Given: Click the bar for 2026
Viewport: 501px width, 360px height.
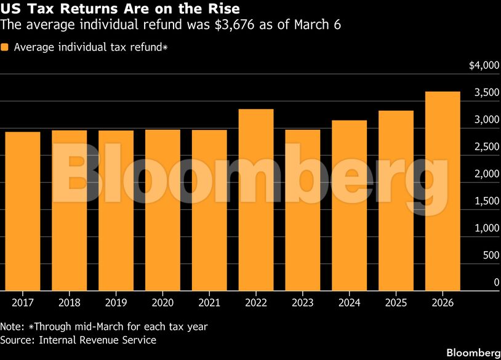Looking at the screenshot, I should point(443,191).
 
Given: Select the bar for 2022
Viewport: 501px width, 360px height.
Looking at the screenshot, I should point(256,199).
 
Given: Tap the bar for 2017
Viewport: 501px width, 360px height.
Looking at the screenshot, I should point(22,211).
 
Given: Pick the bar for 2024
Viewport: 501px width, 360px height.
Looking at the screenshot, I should point(349,205).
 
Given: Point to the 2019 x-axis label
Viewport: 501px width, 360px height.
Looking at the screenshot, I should point(116,303).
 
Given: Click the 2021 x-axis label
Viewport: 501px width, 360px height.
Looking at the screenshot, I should point(209,303).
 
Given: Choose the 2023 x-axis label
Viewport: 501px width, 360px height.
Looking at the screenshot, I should point(303,303).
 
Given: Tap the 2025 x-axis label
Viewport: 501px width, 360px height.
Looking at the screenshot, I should point(396,303).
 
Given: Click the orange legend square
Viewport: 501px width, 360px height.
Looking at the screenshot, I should point(5,47).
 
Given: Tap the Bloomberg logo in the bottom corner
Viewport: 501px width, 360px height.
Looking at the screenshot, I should point(473,353).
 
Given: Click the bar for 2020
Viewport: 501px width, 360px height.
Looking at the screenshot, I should point(162,210).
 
